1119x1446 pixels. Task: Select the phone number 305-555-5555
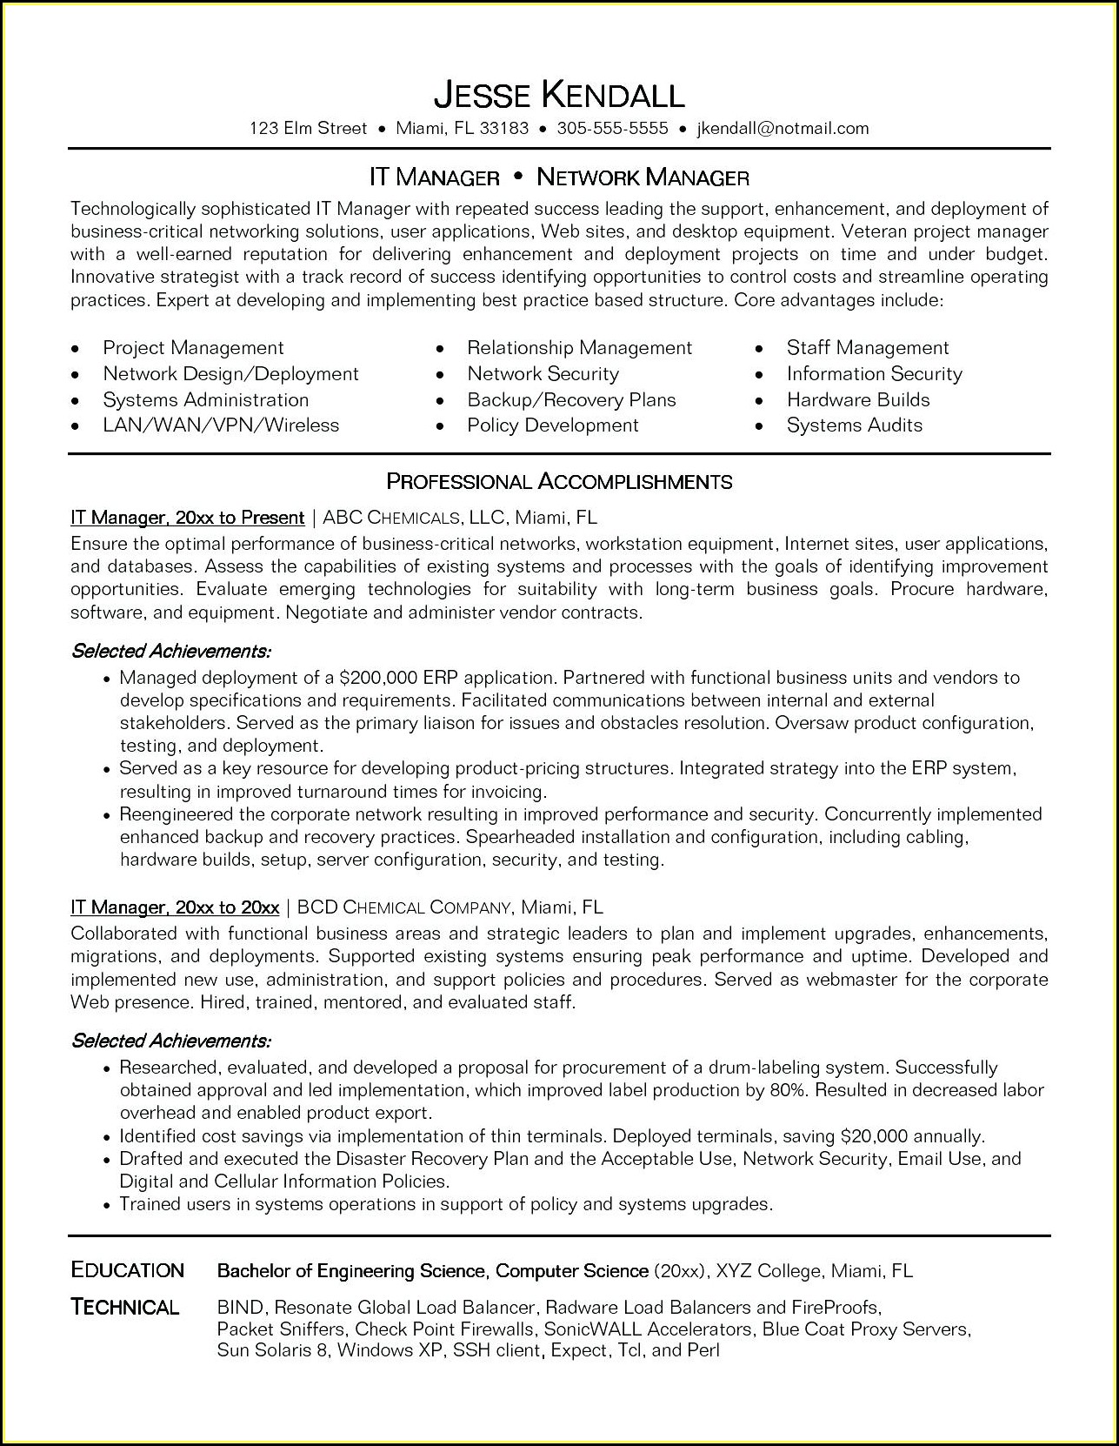(612, 129)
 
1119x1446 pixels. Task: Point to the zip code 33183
(504, 129)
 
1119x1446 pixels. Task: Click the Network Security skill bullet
(543, 374)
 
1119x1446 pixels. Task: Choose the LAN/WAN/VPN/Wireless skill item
(221, 425)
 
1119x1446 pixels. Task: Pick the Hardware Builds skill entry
(857, 400)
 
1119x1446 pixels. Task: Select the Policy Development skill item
(552, 425)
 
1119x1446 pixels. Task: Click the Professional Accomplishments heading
(559, 481)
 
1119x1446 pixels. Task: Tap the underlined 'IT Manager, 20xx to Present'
(187, 518)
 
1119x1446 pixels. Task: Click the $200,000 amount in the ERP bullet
(379, 678)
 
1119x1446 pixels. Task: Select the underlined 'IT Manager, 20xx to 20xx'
(175, 907)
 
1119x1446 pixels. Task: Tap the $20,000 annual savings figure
(874, 1136)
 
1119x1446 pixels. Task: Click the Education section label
(127, 1270)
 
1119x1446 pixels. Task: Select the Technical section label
(125, 1307)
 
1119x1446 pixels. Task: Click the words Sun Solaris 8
(273, 1350)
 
